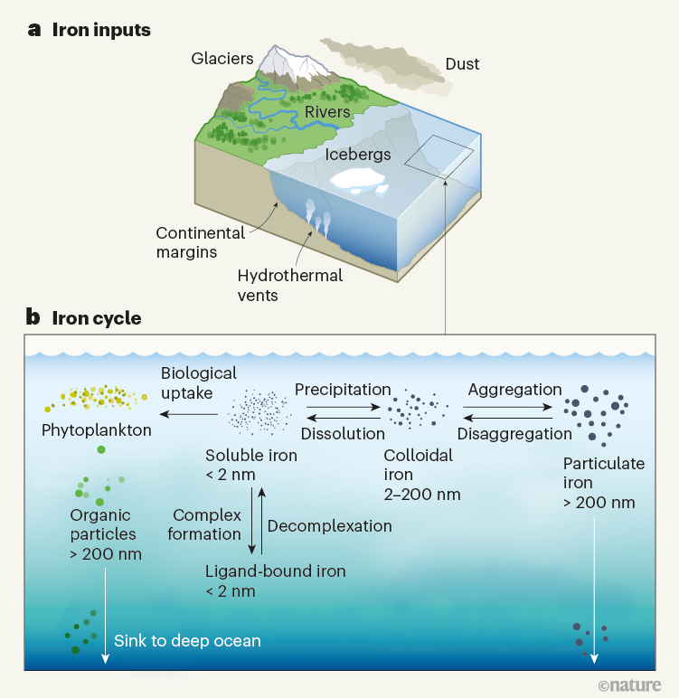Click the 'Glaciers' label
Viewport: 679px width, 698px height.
point(222,59)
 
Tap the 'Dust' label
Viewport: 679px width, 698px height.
point(462,64)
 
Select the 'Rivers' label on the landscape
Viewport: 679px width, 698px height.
point(326,112)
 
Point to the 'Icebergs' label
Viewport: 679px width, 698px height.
point(358,154)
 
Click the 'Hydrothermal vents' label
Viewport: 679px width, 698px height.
point(289,285)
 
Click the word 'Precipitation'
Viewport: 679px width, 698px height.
point(343,390)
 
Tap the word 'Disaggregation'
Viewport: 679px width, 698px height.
point(514,434)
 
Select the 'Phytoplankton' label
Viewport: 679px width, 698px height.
point(96,430)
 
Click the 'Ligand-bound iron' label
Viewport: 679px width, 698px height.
point(275,571)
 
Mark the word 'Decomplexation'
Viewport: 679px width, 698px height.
point(329,526)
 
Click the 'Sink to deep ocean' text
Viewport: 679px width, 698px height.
point(187,641)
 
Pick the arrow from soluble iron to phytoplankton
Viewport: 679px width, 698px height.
point(189,415)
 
